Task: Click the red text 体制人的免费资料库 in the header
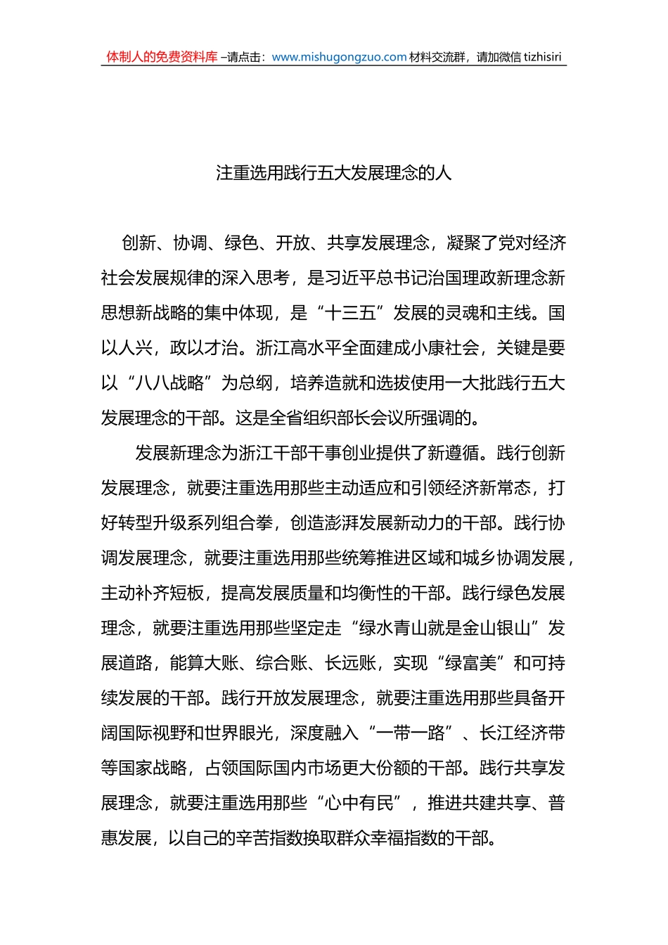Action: [x=162, y=57]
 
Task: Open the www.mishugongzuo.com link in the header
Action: [x=339, y=57]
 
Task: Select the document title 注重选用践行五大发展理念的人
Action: [x=333, y=173]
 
